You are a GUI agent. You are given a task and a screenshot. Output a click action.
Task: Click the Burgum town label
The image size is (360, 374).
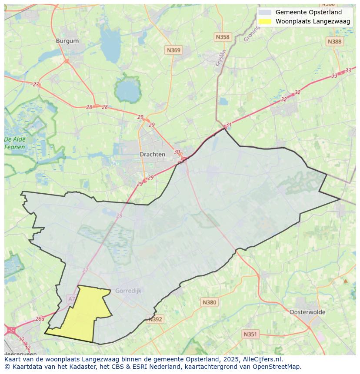tap(67, 41)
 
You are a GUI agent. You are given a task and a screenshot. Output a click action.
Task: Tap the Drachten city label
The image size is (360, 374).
tap(152, 154)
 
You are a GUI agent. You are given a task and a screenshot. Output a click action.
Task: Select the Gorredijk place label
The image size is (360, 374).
tap(128, 291)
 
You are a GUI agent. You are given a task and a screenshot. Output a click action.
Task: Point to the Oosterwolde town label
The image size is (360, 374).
tap(307, 312)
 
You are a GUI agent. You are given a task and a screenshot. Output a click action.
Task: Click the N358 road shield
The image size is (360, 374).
tap(222, 37)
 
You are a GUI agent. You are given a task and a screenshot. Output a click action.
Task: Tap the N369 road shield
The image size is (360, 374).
tap(173, 50)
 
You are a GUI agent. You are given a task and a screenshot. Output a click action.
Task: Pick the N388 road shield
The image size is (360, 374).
tap(334, 41)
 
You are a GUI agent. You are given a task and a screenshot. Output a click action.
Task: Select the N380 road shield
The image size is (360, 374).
tap(209, 302)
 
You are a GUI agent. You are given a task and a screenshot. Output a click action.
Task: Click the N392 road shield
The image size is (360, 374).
tap(155, 319)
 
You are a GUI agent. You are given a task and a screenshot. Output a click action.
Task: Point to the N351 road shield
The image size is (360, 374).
tap(250, 334)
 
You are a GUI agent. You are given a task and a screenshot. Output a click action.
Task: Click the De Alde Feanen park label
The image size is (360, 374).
tap(15, 143)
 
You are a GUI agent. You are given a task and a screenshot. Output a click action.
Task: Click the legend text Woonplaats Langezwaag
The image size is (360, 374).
tap(313, 21)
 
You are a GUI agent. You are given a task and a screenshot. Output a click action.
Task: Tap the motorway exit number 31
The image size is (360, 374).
tap(229, 125)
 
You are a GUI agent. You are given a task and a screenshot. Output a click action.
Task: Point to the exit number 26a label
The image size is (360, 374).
tap(40, 318)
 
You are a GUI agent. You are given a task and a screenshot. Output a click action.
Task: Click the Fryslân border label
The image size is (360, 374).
tap(221, 58)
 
